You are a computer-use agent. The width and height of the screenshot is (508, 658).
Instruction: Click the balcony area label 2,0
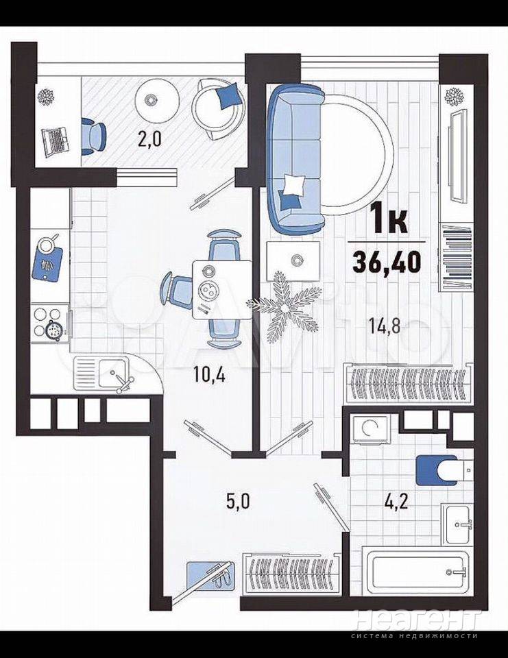click(149, 139)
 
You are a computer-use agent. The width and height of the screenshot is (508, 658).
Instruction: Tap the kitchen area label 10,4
click(210, 374)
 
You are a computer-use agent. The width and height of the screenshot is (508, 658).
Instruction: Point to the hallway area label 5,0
click(238, 501)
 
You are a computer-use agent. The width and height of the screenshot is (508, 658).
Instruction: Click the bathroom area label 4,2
click(396, 501)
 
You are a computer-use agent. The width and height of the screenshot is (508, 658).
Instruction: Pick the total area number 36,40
click(387, 263)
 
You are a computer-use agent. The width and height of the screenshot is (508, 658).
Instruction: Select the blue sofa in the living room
click(296, 160)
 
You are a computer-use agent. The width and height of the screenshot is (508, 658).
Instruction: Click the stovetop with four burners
click(49, 325)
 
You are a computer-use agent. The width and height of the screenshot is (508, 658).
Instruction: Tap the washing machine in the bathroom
click(372, 429)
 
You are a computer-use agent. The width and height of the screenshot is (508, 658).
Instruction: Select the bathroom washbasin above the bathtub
click(459, 524)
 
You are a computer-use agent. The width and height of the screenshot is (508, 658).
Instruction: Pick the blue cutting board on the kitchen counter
click(47, 264)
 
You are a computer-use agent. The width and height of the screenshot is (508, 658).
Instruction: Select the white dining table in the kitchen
click(222, 289)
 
